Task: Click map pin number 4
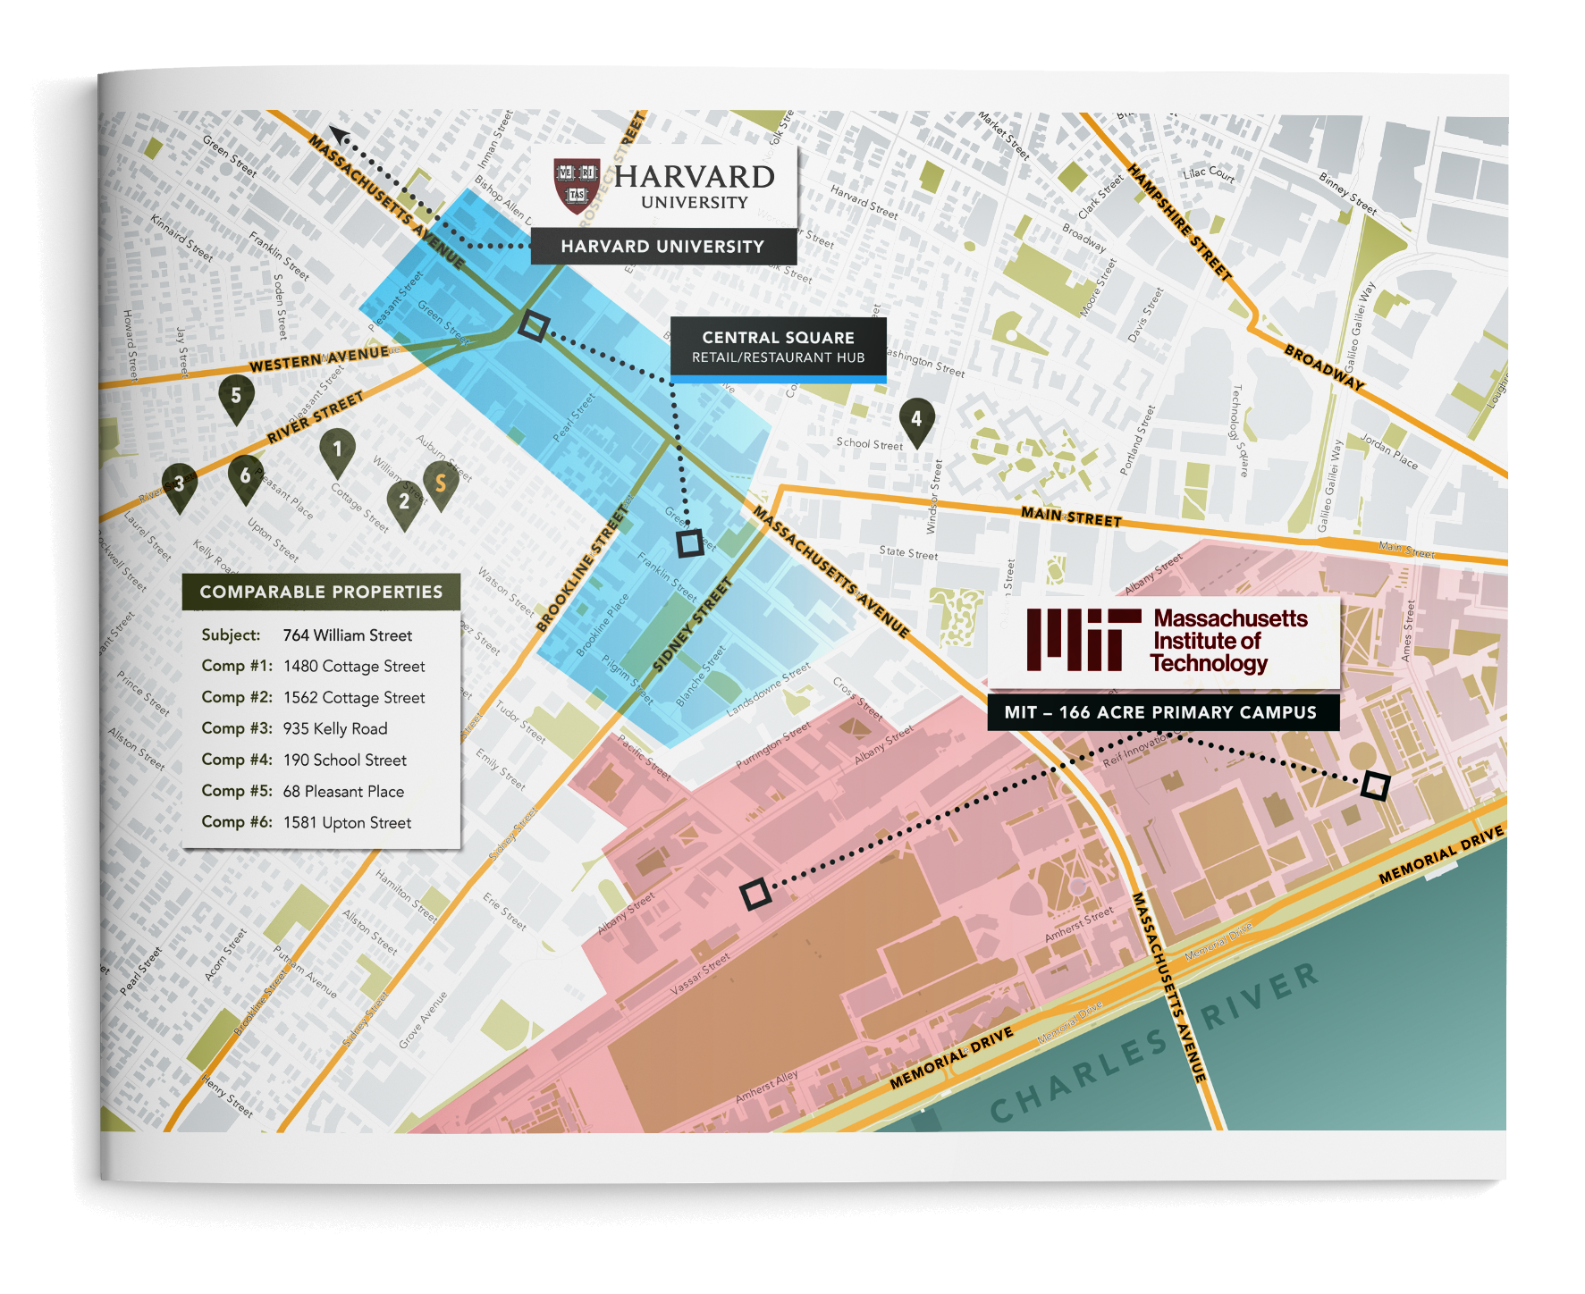click(x=916, y=419)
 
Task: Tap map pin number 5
click(x=236, y=395)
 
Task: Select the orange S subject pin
click(x=440, y=483)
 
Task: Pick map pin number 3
click(x=180, y=484)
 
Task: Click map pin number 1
click(x=337, y=449)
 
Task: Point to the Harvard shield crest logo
click(x=577, y=186)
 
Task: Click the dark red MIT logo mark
click(x=1083, y=640)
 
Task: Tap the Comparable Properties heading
click(x=321, y=592)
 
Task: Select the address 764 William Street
click(x=348, y=635)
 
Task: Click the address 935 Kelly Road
click(x=335, y=728)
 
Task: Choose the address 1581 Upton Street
click(x=347, y=822)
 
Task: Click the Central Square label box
click(x=778, y=347)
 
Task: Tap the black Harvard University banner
click(x=662, y=247)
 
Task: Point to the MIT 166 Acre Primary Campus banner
click(x=1161, y=712)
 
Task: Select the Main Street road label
click(x=1071, y=516)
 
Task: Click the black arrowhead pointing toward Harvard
click(x=339, y=135)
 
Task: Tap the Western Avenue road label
click(x=319, y=359)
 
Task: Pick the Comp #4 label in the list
click(x=237, y=760)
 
